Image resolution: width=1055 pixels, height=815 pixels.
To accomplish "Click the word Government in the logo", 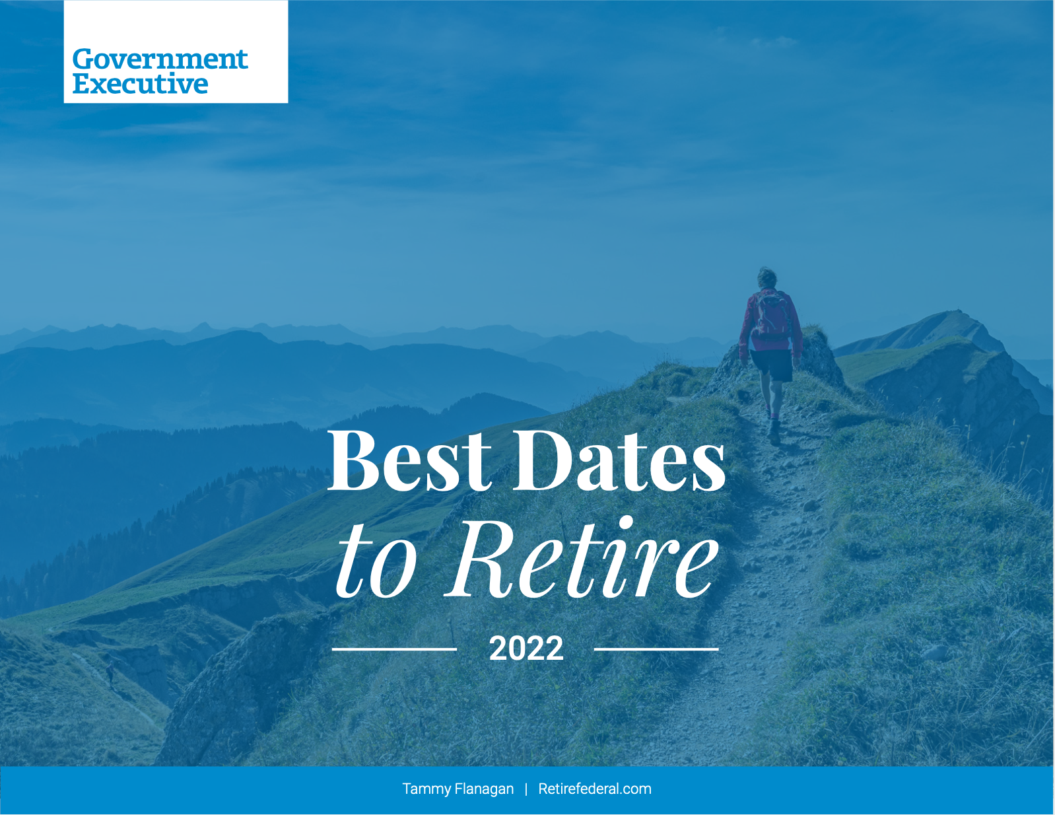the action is point(160,59).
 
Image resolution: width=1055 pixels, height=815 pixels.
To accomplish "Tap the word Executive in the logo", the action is point(141,83).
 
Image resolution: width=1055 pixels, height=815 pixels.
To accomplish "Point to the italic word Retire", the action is point(582,559).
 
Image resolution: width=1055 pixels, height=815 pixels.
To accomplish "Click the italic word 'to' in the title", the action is point(377,566).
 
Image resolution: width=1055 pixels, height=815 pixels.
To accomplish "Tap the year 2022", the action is point(526,649).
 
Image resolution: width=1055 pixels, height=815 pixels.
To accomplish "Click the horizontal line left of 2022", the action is point(394,649).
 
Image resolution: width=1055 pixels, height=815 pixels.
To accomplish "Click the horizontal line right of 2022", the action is point(656,649).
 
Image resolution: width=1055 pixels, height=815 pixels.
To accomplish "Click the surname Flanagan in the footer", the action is point(485,789).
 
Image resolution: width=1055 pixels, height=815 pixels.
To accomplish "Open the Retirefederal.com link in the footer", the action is point(595,789).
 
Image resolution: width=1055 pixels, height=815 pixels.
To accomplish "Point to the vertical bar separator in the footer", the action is point(526,789).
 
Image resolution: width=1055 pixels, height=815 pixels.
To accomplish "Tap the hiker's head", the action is point(766,278).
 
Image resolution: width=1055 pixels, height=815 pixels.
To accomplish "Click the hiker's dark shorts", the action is point(772,365).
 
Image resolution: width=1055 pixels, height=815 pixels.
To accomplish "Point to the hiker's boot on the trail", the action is point(774,433).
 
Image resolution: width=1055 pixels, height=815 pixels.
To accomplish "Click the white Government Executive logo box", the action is point(176,52).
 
